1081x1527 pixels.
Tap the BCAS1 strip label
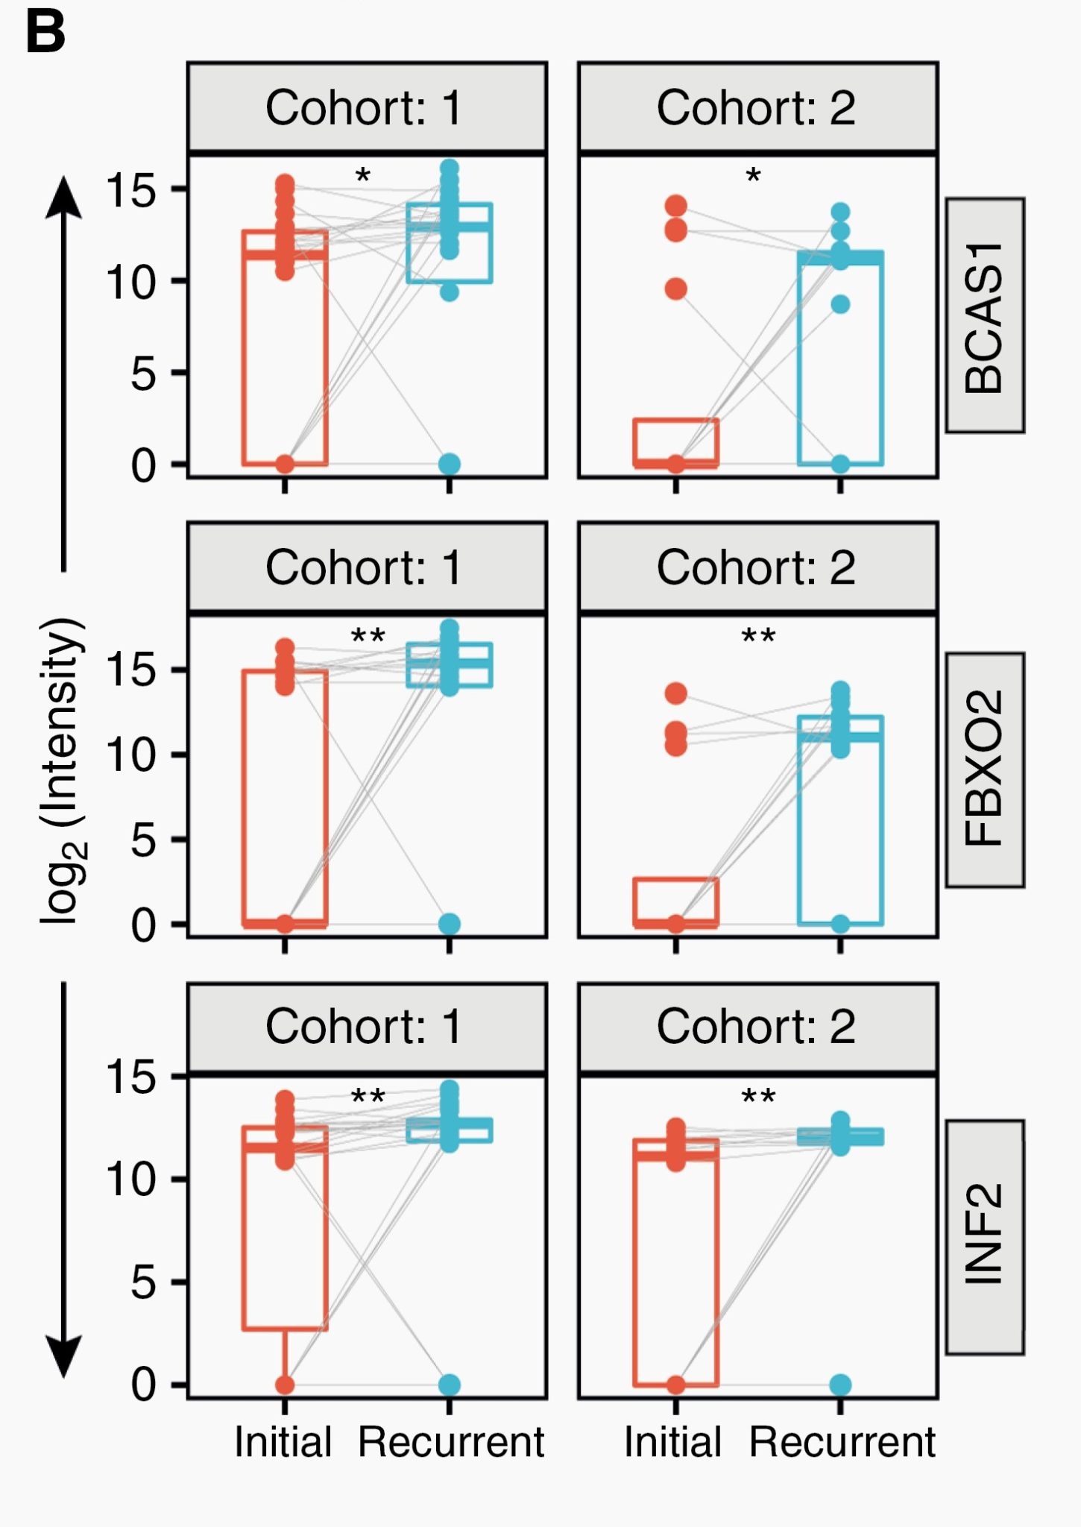(x=984, y=315)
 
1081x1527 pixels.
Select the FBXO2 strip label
(x=984, y=769)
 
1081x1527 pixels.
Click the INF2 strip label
(x=984, y=1236)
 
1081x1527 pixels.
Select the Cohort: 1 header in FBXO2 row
(x=365, y=567)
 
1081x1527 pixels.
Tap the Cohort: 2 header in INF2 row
(x=756, y=1027)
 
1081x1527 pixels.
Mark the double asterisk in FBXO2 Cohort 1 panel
(x=368, y=637)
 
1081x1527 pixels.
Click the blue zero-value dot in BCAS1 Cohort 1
(x=449, y=464)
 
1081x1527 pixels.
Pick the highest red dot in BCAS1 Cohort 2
(x=675, y=206)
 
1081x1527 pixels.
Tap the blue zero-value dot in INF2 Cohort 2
(x=840, y=1385)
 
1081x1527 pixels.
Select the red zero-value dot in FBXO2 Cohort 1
(x=285, y=924)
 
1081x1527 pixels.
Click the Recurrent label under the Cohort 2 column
(x=842, y=1442)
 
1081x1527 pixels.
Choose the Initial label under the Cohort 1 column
(x=283, y=1442)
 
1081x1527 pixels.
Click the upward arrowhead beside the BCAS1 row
(x=64, y=198)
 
